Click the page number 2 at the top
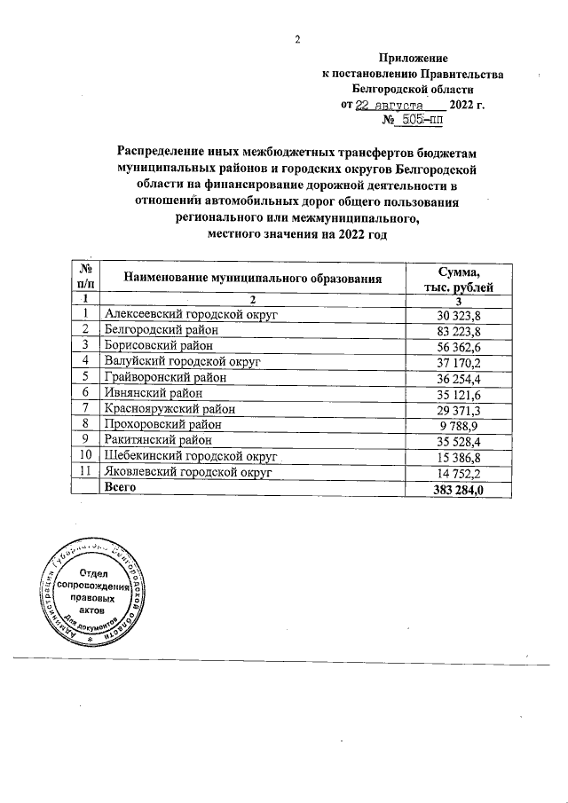pyautogui.click(x=298, y=38)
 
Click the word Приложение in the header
pyautogui.click(x=414, y=58)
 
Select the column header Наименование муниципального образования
pyautogui.click(x=253, y=278)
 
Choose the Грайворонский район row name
pyautogui.click(x=166, y=377)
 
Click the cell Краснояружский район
pyautogui.click(x=170, y=408)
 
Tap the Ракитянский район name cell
pyautogui.click(x=161, y=440)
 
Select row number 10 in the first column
pyautogui.click(x=85, y=456)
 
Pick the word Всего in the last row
pyautogui.click(x=122, y=488)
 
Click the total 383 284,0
pyautogui.click(x=454, y=488)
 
